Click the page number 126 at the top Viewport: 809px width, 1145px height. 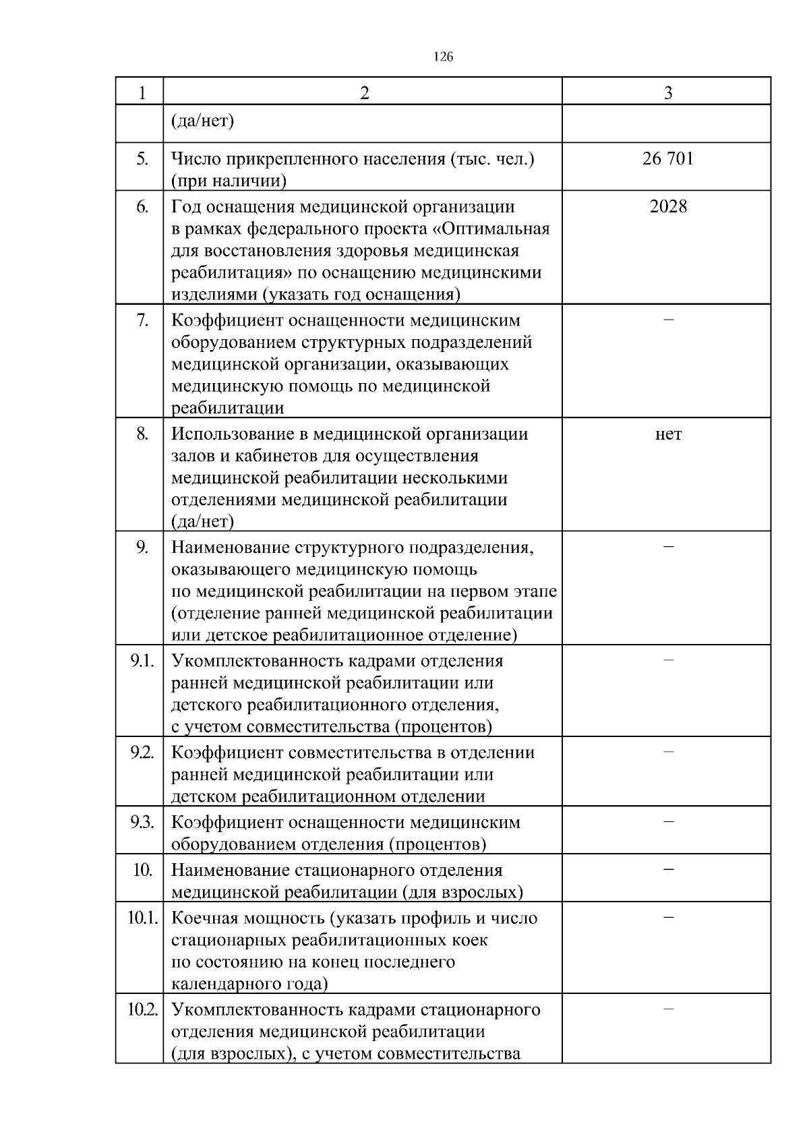(443, 57)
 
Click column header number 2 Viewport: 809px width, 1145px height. (364, 93)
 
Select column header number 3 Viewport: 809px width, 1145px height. (667, 93)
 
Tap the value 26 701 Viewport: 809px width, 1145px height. (667, 159)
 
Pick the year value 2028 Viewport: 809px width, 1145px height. (668, 206)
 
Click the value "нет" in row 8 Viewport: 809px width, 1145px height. (668, 434)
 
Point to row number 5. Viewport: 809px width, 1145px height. (142, 159)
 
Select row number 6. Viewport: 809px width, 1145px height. (142, 206)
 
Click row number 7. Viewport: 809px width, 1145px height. (142, 320)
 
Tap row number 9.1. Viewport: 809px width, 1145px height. (142, 661)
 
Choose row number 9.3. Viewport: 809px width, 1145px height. (142, 822)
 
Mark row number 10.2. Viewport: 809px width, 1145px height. (142, 1009)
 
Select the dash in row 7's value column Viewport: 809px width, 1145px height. (668, 319)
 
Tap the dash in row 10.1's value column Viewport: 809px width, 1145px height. (668, 916)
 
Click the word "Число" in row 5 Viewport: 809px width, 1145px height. (196, 159)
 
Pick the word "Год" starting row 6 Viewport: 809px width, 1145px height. (186, 206)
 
